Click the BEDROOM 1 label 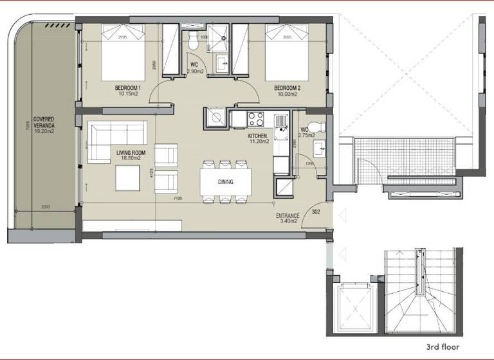pyautogui.click(x=128, y=88)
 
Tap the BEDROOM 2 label pyautogui.click(x=287, y=88)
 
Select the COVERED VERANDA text pyautogui.click(x=44, y=123)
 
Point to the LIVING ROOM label pyautogui.click(x=131, y=153)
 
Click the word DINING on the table pyautogui.click(x=225, y=182)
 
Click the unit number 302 pyautogui.click(x=316, y=211)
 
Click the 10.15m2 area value pyautogui.click(x=128, y=94)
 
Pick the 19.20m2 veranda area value pyautogui.click(x=44, y=130)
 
